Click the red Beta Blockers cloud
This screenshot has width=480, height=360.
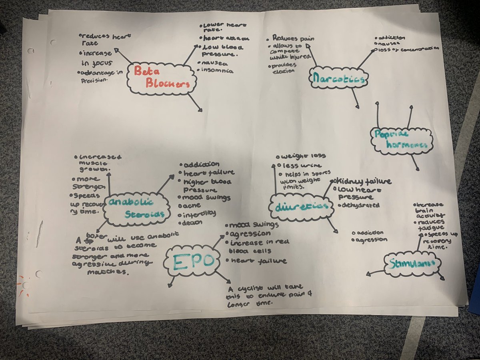[162, 78]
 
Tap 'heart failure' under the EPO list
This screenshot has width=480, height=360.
[258, 261]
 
